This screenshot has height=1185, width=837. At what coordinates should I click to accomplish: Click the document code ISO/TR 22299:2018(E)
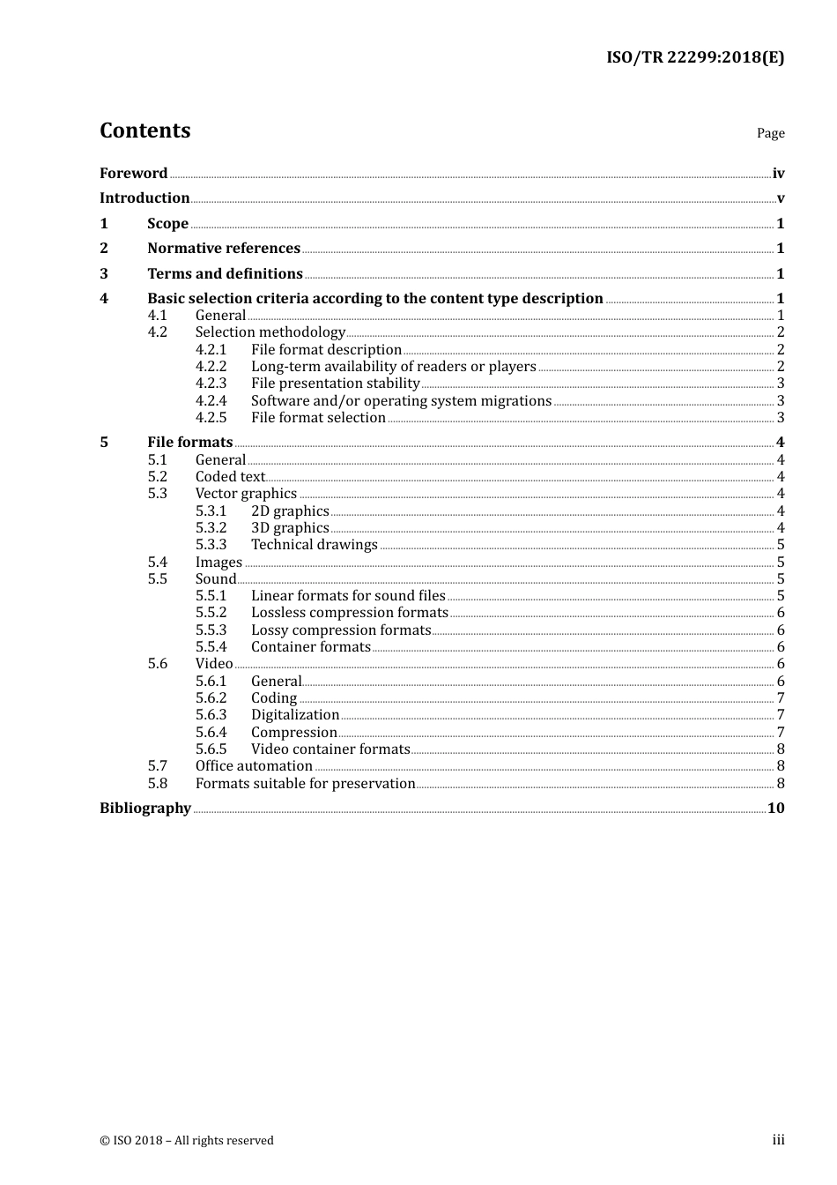coord(694,58)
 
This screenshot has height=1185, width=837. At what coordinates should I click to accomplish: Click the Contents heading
coord(144,130)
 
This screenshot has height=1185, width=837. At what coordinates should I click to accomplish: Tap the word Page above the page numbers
coord(770,133)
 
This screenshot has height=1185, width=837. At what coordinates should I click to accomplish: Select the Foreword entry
coord(133,174)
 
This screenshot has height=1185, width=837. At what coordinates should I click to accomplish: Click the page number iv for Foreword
coord(778,174)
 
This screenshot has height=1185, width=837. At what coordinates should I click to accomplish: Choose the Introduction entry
coord(144,198)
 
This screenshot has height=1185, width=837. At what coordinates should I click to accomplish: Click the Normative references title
coord(224,249)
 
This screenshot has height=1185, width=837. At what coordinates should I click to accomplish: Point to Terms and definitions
coord(225,274)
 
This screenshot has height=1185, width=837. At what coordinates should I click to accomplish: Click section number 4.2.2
coord(211,367)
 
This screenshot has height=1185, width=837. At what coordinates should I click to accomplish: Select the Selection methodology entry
coord(270,332)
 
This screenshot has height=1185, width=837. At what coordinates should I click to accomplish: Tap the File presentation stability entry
coord(335,384)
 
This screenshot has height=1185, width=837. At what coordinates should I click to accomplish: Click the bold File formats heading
coord(189,443)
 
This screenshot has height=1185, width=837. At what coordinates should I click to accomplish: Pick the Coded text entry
coord(230,477)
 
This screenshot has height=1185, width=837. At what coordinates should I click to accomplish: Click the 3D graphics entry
coord(290,528)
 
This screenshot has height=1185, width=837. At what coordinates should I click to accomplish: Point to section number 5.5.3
coord(211,630)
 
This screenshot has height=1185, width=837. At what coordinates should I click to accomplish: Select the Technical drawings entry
coord(314,545)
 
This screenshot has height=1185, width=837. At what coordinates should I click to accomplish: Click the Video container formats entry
coord(330,749)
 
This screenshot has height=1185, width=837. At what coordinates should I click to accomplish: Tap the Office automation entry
coord(254,766)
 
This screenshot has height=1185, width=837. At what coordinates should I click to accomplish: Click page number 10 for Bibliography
coord(775,809)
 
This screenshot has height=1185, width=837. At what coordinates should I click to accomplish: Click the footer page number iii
coord(778,1140)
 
